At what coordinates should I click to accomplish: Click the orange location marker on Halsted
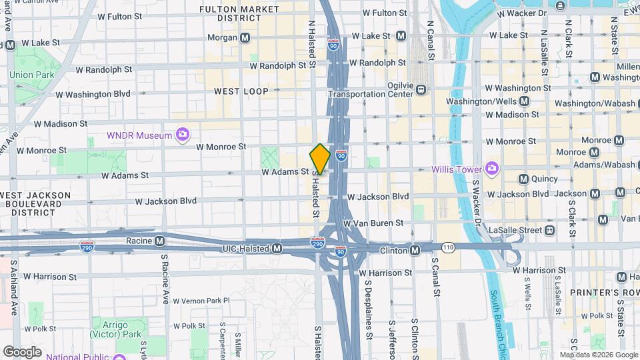click(x=320, y=159)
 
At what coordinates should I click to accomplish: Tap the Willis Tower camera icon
click(x=492, y=167)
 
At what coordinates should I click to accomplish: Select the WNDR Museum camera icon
click(x=182, y=135)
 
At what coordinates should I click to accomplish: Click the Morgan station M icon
click(x=246, y=38)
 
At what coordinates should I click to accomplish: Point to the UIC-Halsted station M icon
click(x=277, y=248)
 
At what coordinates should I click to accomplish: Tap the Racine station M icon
click(x=159, y=240)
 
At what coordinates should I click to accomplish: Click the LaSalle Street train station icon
click(x=549, y=230)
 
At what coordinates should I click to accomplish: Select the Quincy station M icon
click(x=523, y=179)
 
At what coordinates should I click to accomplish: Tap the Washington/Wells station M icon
click(x=524, y=101)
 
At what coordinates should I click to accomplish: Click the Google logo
click(x=22, y=351)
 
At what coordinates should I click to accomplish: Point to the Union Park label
click(x=31, y=75)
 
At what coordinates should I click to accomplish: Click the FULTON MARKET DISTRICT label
click(x=239, y=14)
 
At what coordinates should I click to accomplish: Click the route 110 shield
click(x=447, y=247)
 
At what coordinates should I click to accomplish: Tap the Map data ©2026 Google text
click(x=597, y=355)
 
